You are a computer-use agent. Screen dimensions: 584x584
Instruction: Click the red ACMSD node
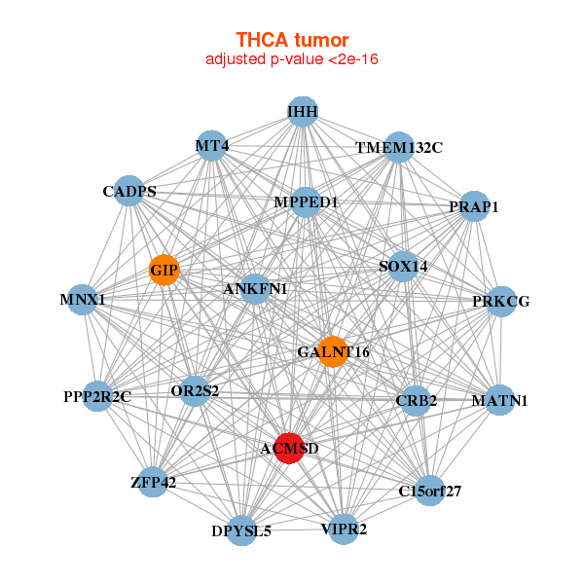[289, 448]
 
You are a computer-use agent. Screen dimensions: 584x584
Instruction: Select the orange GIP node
[164, 270]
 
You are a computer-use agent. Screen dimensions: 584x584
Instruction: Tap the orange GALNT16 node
[333, 351]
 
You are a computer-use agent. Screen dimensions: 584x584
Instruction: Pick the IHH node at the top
[303, 112]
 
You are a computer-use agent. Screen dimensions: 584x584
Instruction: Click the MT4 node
[211, 146]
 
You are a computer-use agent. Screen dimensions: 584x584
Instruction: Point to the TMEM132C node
[398, 148]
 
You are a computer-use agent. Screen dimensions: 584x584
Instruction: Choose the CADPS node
[129, 191]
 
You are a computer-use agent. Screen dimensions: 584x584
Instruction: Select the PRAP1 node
[473, 206]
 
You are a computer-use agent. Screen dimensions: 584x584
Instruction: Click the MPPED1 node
[306, 202]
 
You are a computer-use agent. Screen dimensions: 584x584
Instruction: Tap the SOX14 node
[403, 267]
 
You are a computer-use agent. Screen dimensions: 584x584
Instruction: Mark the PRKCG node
[501, 302]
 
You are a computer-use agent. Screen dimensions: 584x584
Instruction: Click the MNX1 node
[82, 300]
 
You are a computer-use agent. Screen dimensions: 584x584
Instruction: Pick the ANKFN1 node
[255, 289]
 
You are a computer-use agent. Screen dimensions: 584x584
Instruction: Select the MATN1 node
[499, 400]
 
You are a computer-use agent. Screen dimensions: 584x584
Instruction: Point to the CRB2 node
[417, 401]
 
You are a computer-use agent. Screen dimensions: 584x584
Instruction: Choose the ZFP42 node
[153, 482]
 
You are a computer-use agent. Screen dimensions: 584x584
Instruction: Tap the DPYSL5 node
[241, 530]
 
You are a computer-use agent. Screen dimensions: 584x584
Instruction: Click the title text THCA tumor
[291, 40]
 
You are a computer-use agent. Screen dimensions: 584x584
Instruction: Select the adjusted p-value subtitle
[291, 59]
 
